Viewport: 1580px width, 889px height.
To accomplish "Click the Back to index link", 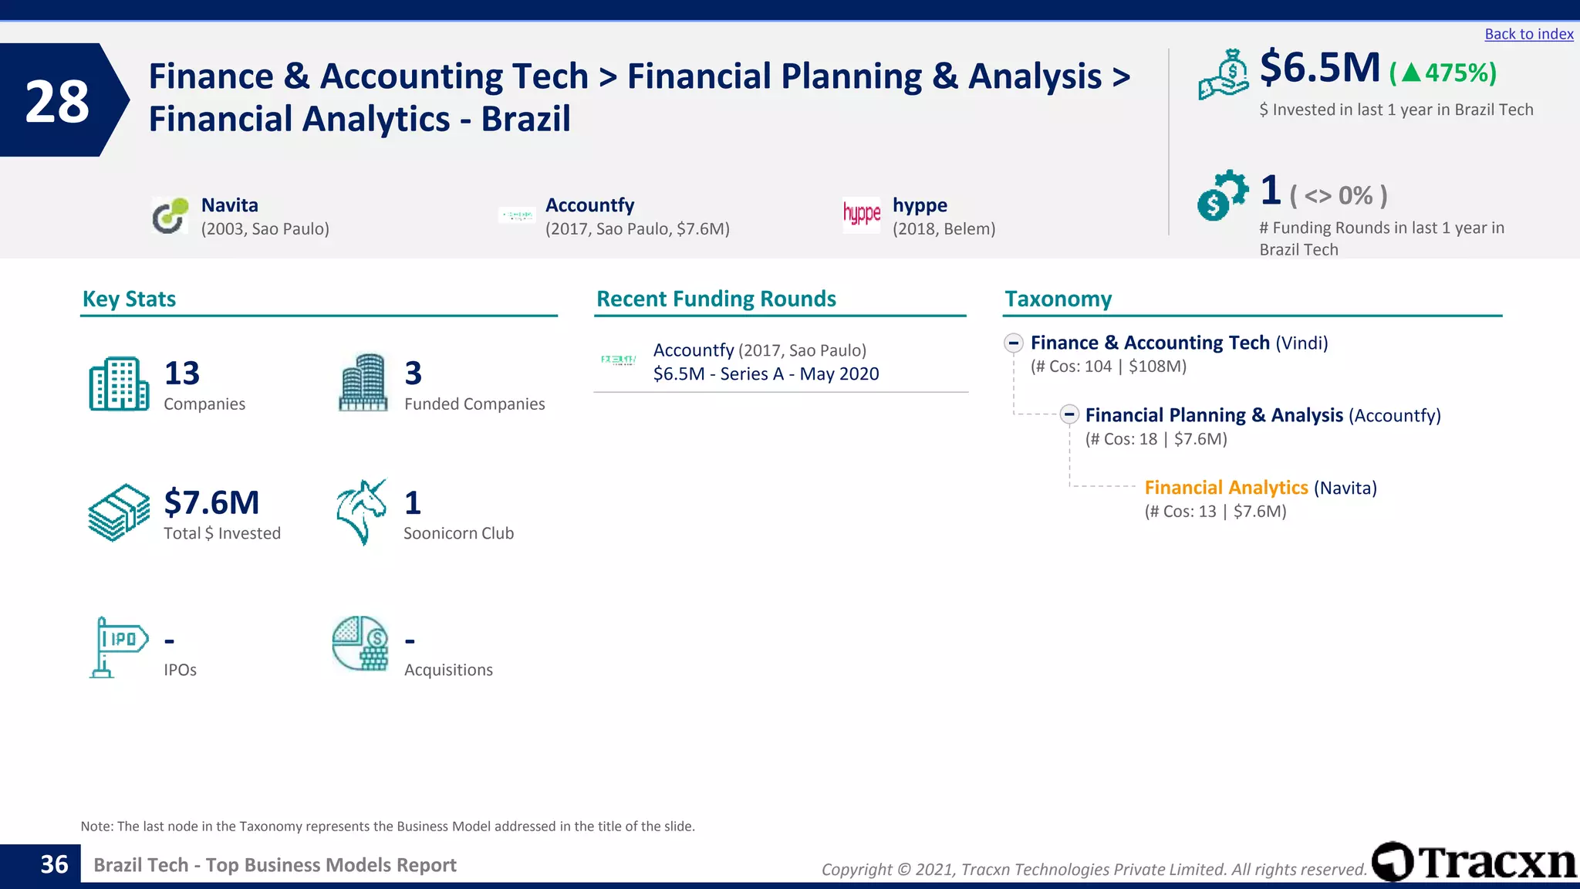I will click(1528, 34).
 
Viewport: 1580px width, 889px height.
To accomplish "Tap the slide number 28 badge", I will click(57, 101).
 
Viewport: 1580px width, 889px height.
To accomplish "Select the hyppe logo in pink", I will click(861, 214).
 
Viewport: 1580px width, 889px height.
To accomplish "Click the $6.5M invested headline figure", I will click(1319, 68).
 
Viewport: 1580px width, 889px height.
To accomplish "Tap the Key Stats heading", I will click(129, 299).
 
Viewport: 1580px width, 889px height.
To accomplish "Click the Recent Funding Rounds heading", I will click(716, 299).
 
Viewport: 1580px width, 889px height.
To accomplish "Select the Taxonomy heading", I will click(1058, 299).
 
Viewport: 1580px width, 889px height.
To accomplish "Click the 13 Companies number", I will click(182, 374).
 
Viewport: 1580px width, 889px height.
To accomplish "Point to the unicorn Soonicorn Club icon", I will click(361, 512).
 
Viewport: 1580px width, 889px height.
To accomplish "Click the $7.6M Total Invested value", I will click(211, 502).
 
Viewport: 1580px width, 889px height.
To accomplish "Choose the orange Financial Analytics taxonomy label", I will click(1226, 488).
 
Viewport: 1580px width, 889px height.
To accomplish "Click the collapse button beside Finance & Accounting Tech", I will click(1014, 343).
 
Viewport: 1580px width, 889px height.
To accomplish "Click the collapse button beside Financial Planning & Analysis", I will click(1069, 415).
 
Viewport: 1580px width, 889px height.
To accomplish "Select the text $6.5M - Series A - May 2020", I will click(766, 374).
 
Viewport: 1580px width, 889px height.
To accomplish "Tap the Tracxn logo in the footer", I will click(1474, 862).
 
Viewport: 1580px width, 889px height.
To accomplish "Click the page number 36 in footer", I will click(54, 864).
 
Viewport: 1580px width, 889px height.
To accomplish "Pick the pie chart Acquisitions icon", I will click(360, 644).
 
